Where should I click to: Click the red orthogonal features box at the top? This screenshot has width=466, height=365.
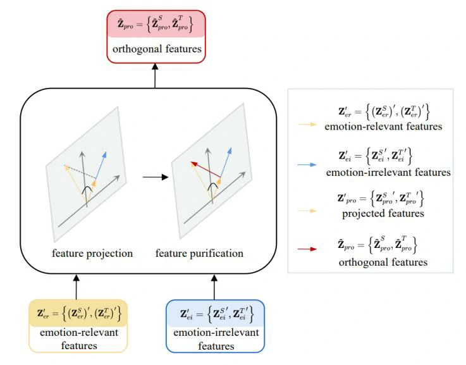click(x=156, y=37)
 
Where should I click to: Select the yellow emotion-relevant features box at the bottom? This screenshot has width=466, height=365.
click(x=78, y=325)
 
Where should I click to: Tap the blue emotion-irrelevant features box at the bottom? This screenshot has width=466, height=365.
click(x=215, y=325)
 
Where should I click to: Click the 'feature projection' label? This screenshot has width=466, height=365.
click(x=92, y=254)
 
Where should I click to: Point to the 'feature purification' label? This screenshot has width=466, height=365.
click(x=199, y=254)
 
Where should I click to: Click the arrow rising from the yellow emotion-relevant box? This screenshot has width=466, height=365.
click(x=77, y=286)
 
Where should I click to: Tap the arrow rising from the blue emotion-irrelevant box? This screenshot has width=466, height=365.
click(x=215, y=286)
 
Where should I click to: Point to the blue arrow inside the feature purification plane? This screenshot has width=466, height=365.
click(x=226, y=161)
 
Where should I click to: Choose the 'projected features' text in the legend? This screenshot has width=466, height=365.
click(x=383, y=214)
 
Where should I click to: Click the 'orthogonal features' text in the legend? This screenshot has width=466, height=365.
click(x=383, y=262)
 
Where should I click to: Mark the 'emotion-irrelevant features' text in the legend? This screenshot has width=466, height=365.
click(x=388, y=172)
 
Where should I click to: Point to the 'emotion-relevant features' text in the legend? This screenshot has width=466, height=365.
click(x=383, y=127)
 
